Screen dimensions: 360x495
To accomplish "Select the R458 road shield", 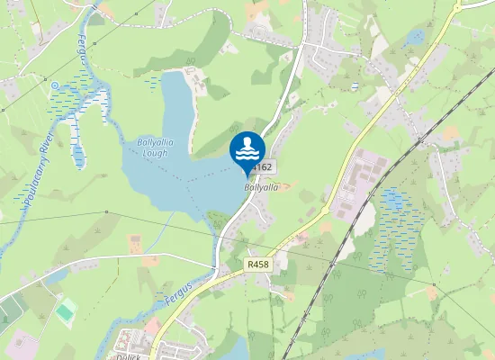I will pos(256,265).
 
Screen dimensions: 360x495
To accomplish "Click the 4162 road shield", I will pos(262,168).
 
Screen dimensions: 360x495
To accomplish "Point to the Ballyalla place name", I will pos(261,187).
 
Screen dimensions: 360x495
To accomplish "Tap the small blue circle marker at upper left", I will pos(56,85).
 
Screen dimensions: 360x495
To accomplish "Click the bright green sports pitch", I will pos(66,312).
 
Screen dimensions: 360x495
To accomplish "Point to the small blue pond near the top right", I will pos(414,37).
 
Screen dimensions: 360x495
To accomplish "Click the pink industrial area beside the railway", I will pos(355,184).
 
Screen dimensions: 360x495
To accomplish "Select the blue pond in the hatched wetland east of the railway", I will pos(393,200).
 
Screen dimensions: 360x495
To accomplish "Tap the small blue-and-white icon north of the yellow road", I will pos(355,87).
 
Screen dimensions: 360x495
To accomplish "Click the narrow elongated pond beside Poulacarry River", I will pos(78,153).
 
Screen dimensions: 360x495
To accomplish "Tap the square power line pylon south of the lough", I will pos(105,212).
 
